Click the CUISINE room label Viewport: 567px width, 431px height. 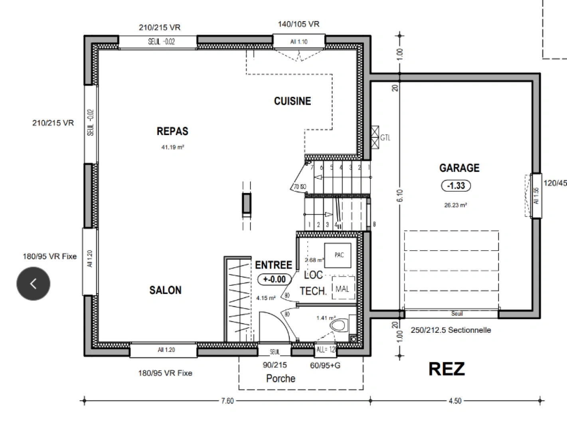(292, 101)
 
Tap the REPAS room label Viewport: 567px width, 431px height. (172, 131)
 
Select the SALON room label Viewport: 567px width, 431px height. (165, 290)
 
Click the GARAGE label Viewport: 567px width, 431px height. (459, 168)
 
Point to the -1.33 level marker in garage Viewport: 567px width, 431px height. (456, 186)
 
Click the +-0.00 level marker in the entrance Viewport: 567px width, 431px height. (275, 279)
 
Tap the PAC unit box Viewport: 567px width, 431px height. (339, 255)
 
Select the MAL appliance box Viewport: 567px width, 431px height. (342, 289)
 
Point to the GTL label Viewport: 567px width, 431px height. (385, 138)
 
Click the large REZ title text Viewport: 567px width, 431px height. (446, 369)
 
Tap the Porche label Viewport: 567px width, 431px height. (281, 379)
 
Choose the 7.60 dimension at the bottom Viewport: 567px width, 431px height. (227, 401)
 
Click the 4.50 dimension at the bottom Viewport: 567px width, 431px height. (455, 401)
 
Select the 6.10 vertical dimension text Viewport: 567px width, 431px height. (400, 195)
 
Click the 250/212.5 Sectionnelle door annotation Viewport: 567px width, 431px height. (451, 330)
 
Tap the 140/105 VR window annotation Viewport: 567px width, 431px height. (298, 24)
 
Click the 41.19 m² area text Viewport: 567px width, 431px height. (172, 147)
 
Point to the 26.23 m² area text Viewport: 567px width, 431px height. (456, 205)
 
